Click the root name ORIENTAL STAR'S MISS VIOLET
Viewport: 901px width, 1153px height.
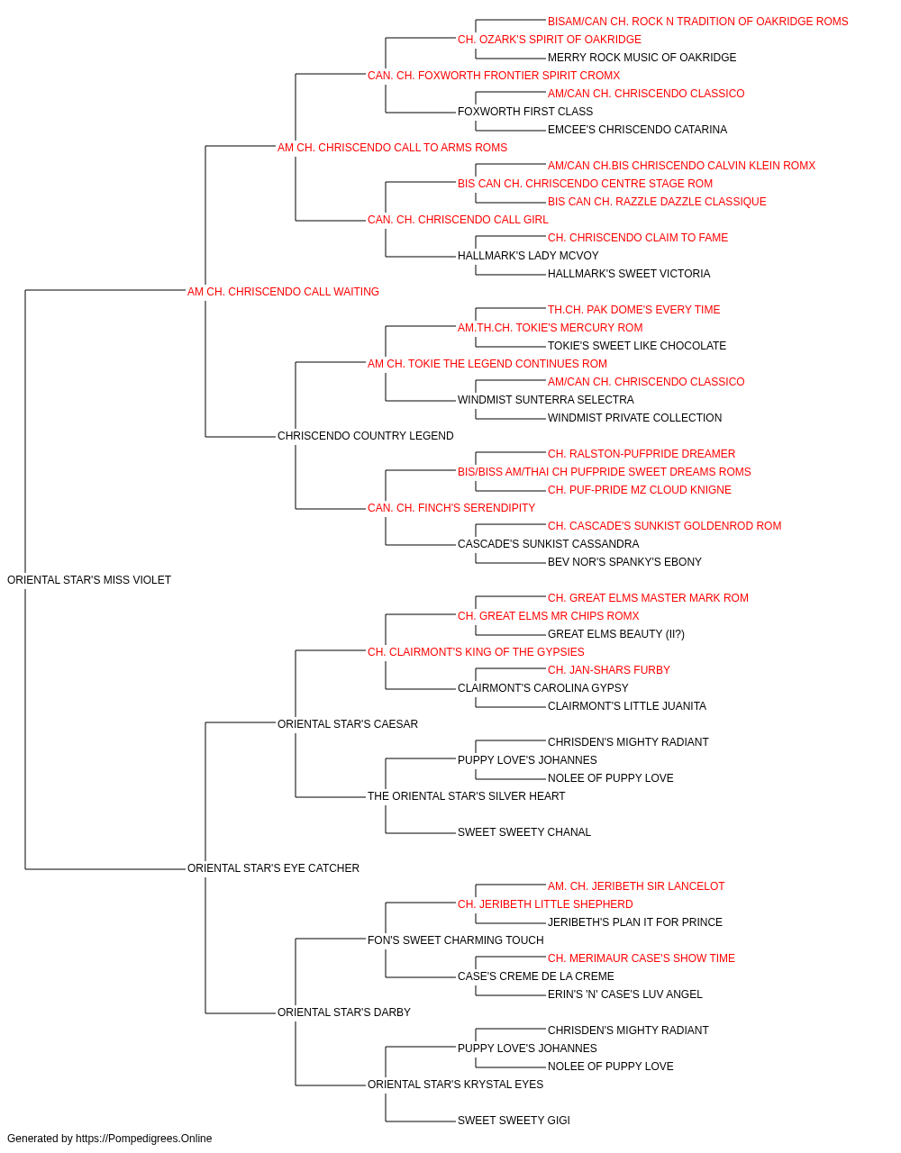(x=89, y=580)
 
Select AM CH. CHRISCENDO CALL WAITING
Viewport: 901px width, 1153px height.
(x=283, y=292)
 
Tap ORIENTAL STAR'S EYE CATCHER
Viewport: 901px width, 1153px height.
(x=273, y=868)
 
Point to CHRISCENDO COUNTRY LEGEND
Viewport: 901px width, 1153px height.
(x=365, y=436)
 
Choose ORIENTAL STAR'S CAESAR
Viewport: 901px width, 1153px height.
(x=348, y=723)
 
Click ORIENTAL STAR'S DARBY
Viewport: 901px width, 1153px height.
(x=344, y=1012)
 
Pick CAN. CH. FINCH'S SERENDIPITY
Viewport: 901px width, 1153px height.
(x=451, y=508)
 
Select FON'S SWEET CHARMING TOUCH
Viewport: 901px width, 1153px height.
(x=455, y=940)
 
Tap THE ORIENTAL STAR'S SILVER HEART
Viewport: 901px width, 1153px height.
(x=466, y=796)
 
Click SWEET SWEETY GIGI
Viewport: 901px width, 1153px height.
(x=514, y=1120)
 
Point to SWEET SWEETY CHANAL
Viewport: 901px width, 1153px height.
(x=523, y=832)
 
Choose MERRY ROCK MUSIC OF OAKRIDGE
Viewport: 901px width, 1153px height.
(x=642, y=58)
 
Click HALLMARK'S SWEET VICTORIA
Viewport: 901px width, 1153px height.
(x=629, y=274)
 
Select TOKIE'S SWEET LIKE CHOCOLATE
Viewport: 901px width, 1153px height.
(x=637, y=346)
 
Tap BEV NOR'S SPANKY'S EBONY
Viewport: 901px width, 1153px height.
(x=624, y=562)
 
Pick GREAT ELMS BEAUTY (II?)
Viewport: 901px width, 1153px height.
(x=616, y=634)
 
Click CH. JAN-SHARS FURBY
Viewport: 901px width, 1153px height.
(x=609, y=670)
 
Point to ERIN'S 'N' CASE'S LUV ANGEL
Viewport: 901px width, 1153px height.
(x=624, y=994)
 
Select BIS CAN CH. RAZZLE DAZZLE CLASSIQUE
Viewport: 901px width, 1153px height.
(x=657, y=202)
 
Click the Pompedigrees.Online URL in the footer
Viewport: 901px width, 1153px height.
(x=143, y=1139)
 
